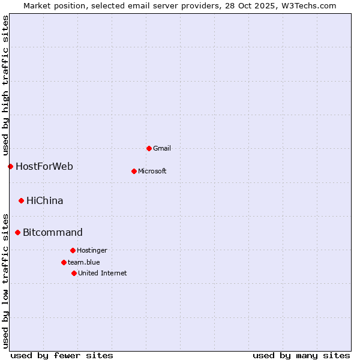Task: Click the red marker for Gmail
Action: [149, 148]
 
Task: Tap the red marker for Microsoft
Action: [134, 171]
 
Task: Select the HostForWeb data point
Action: [10, 166]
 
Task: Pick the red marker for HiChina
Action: [21, 200]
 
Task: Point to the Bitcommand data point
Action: [17, 232]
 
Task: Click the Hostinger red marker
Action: [73, 250]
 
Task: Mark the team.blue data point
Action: [64, 262]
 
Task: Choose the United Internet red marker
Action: [74, 273]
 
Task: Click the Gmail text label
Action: [162, 148]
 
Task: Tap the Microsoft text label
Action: [152, 171]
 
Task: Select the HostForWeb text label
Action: [44, 166]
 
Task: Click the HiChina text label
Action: [44, 200]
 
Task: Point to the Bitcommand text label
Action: [53, 232]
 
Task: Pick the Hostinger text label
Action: [92, 250]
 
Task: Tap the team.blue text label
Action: [84, 262]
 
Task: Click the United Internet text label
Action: [102, 273]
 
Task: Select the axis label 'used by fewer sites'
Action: [62, 355]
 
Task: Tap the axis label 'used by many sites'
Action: [301, 355]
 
